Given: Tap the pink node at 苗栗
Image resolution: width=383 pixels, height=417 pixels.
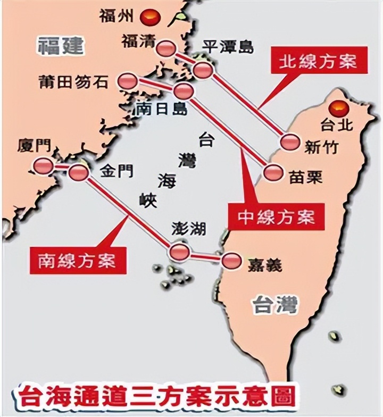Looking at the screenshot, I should pyautogui.click(x=273, y=172).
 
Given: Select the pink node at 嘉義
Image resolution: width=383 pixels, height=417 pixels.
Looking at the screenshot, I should pyautogui.click(x=231, y=261).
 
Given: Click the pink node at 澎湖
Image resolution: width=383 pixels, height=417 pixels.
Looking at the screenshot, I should pyautogui.click(x=179, y=252).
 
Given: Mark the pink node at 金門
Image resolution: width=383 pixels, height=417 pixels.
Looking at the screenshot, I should pyautogui.click(x=78, y=172).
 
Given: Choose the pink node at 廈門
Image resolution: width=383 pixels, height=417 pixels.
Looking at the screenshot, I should pyautogui.click(x=43, y=166).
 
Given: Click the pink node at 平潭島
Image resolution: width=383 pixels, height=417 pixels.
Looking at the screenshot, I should pyautogui.click(x=203, y=70).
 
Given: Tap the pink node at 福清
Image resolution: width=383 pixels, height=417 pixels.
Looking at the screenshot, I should pyautogui.click(x=166, y=48).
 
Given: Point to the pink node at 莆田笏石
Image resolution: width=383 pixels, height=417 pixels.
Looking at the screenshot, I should pyautogui.click(x=128, y=81).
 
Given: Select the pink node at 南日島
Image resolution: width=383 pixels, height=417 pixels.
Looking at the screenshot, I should pyautogui.click(x=184, y=90).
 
